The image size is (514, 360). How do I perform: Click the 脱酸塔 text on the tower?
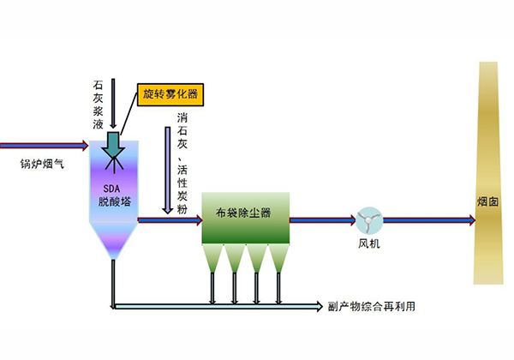click(x=113, y=203)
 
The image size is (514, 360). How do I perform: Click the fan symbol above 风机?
click(x=369, y=220)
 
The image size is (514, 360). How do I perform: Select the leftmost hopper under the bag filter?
click(x=213, y=258)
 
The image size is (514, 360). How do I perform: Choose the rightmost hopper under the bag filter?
click(x=279, y=258)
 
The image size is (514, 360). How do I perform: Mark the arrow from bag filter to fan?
click(x=322, y=220)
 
